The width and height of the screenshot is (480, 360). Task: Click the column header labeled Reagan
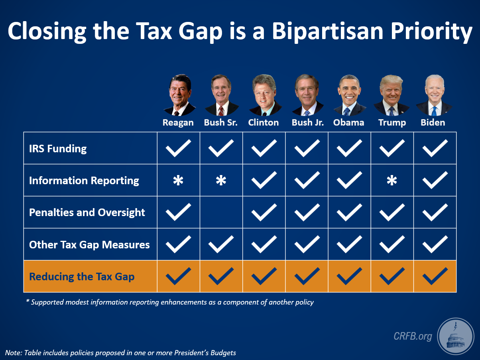(178, 122)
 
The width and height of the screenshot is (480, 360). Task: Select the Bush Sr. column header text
(220, 122)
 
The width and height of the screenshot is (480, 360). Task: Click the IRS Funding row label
(58, 149)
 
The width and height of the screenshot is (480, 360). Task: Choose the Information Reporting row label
(84, 181)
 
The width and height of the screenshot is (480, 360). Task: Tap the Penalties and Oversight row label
(87, 212)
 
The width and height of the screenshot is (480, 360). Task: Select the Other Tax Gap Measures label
(89, 244)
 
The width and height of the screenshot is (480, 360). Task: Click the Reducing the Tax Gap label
(82, 277)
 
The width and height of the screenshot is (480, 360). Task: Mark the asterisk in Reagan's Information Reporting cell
(178, 181)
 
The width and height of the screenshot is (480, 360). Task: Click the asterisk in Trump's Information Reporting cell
(392, 181)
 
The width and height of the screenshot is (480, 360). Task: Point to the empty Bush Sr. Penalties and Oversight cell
(221, 212)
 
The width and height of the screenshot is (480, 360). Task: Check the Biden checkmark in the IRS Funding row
(435, 148)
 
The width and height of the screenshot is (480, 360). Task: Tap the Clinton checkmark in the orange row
(264, 276)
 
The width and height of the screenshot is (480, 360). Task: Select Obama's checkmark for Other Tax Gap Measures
(349, 244)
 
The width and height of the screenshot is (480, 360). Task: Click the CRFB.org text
(412, 336)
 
